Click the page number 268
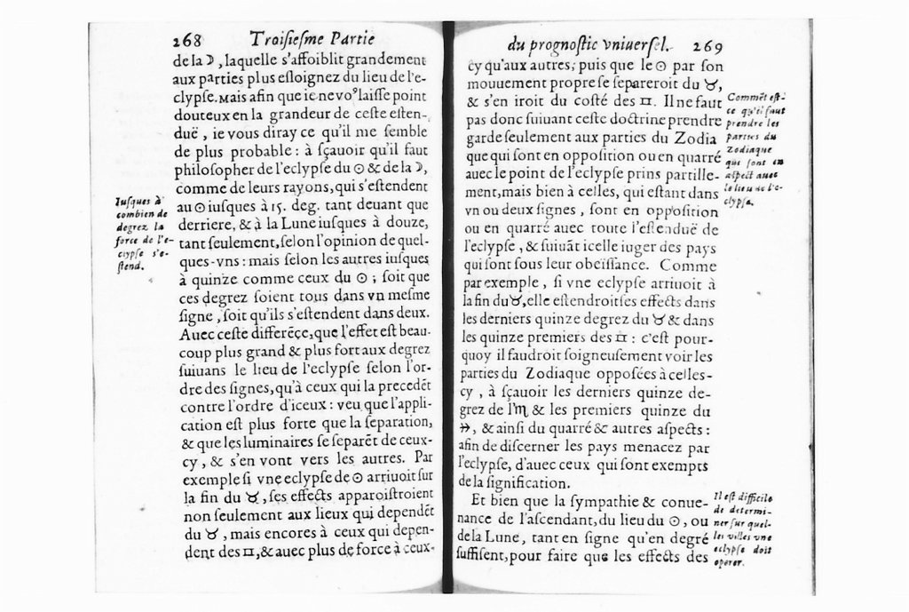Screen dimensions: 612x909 pyautogui.click(x=187, y=41)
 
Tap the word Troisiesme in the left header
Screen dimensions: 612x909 pyautogui.click(x=286, y=39)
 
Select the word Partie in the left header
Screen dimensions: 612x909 pyautogui.click(x=352, y=38)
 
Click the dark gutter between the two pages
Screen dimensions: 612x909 pyautogui.click(x=448, y=311)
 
